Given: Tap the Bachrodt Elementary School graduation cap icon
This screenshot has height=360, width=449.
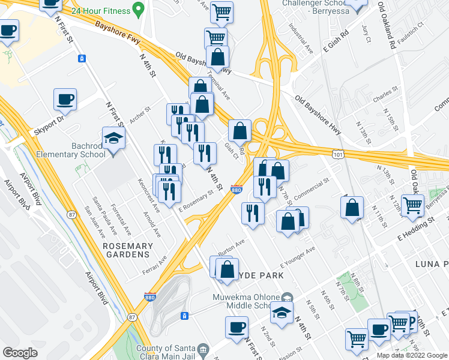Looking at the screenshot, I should [113, 139].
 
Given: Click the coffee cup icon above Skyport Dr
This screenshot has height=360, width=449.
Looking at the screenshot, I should [65, 99].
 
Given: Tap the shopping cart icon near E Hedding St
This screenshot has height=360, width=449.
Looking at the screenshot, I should [412, 205].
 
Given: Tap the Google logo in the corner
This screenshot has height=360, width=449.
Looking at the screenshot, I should [20, 352].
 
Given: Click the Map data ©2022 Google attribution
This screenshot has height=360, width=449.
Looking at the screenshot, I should [411, 355].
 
